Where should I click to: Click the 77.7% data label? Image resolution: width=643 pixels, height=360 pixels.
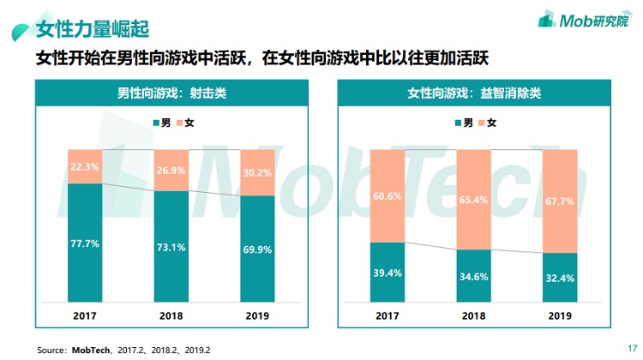(86, 244)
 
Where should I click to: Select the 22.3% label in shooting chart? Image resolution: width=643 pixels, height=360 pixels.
(86, 166)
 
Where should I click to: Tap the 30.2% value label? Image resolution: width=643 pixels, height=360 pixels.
(258, 172)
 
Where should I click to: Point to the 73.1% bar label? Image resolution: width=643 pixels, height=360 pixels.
(171, 249)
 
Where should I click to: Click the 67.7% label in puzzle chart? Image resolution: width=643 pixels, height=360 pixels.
(559, 201)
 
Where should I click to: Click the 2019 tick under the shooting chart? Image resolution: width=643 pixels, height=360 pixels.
(258, 315)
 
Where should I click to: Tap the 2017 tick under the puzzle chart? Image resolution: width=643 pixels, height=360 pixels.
(388, 315)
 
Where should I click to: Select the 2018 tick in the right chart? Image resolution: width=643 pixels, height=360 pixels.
(473, 315)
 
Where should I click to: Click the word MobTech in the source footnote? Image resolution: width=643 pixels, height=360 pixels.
(90, 350)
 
